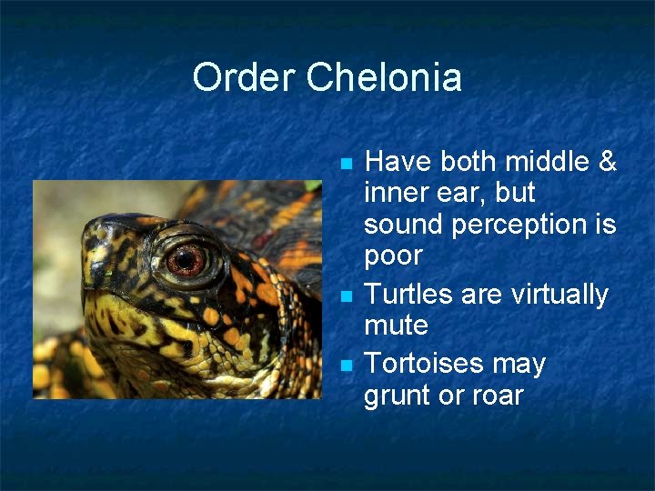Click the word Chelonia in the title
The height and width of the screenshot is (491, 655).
point(384,77)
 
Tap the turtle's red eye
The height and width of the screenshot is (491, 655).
point(186,261)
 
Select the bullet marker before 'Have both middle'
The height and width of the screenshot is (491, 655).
point(345,165)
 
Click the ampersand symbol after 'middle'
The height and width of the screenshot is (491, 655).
point(607,162)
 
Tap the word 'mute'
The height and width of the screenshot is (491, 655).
point(396,326)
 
